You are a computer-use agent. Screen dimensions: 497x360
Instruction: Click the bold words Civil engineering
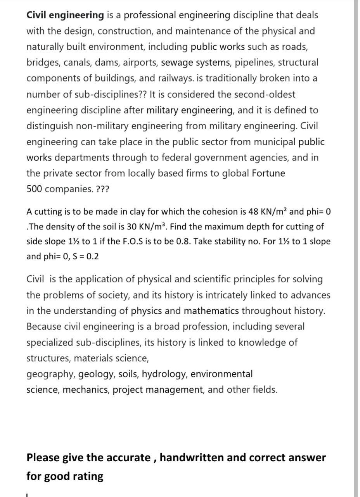tap(65, 15)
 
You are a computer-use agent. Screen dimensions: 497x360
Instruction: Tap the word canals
tap(74, 63)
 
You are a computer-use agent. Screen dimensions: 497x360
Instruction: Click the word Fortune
tap(268, 174)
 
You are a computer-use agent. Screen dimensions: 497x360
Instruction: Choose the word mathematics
tap(211, 311)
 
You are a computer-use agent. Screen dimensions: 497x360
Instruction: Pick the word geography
tap(51, 374)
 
